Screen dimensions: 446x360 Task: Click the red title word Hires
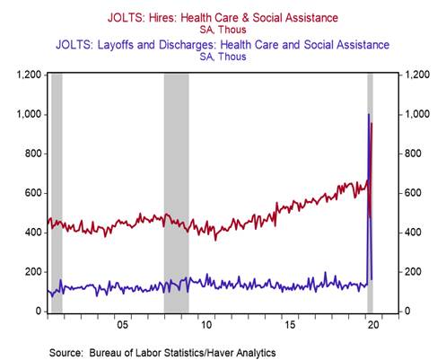pyautogui.click(x=163, y=18)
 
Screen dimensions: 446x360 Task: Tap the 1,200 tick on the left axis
pyautogui.click(x=29, y=75)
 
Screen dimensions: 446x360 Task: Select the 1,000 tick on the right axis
pyautogui.click(x=417, y=114)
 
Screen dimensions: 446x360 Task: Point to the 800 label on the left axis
pyautogui.click(x=33, y=154)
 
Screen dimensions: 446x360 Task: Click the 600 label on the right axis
pyautogui.click(x=413, y=193)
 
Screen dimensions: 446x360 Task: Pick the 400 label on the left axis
pyautogui.click(x=33, y=233)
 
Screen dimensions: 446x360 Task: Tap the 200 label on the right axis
pyautogui.click(x=413, y=272)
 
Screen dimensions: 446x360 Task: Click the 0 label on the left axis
pyautogui.click(x=39, y=312)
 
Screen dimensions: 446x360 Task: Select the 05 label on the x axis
pyautogui.click(x=122, y=325)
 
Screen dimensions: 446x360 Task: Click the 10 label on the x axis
pyautogui.click(x=206, y=325)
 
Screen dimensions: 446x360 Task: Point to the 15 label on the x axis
pyautogui.click(x=290, y=325)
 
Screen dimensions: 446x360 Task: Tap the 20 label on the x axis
pyautogui.click(x=373, y=325)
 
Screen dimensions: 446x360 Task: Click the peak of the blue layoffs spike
pyautogui.click(x=369, y=114)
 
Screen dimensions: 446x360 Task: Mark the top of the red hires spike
pyautogui.click(x=372, y=123)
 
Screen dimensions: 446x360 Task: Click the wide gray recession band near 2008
pyautogui.click(x=177, y=193)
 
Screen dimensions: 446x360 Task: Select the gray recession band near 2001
pyautogui.click(x=57, y=193)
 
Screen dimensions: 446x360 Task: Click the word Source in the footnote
pyautogui.click(x=66, y=352)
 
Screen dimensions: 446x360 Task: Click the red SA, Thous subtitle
pyautogui.click(x=223, y=30)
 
